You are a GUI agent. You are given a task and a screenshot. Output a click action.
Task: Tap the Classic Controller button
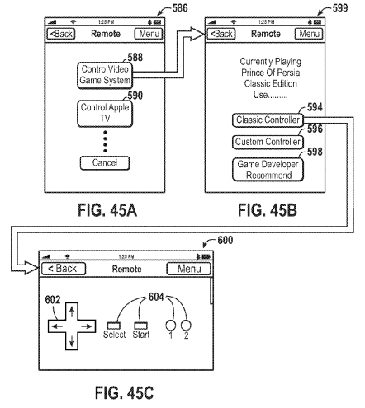click(x=268, y=120)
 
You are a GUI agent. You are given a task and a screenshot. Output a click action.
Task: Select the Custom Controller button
click(x=268, y=142)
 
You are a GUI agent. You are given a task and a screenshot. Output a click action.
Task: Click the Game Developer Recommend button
click(x=268, y=170)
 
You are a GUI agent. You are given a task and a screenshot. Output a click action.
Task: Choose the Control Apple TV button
click(x=105, y=113)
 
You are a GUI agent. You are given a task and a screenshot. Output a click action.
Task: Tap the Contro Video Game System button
click(x=105, y=75)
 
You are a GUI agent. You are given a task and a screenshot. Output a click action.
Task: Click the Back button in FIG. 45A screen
click(x=61, y=34)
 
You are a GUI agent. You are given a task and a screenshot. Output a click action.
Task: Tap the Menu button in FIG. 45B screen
click(x=309, y=34)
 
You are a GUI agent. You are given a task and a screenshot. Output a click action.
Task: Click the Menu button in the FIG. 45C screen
click(x=189, y=269)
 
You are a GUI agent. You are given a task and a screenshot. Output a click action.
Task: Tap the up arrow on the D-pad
click(x=72, y=312)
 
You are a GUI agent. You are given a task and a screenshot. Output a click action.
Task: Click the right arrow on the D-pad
click(x=87, y=326)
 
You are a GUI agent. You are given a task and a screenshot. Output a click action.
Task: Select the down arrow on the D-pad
click(x=72, y=340)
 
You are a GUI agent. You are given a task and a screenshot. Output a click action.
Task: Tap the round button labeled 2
click(x=186, y=325)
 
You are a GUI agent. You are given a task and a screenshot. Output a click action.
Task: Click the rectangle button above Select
click(x=114, y=326)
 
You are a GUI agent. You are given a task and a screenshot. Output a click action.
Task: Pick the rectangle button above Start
click(x=140, y=326)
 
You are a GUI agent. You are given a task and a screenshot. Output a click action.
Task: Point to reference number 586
click(x=180, y=8)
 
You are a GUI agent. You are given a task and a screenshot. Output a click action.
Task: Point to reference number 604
click(x=156, y=297)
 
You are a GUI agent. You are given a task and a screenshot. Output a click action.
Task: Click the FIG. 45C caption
click(x=124, y=392)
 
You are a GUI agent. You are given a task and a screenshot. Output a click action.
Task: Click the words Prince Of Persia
click(x=271, y=73)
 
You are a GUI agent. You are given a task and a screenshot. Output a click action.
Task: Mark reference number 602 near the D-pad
click(x=53, y=300)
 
